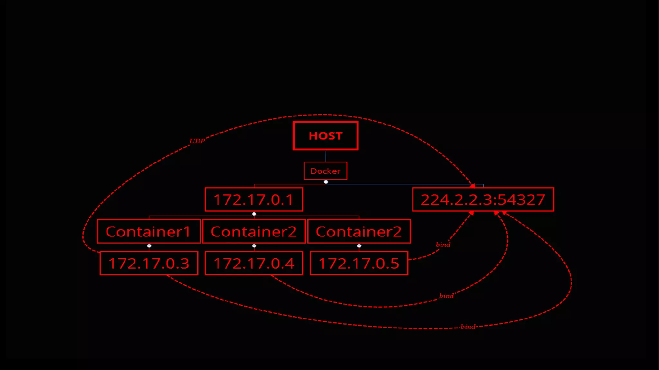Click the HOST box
tap(325, 136)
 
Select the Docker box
tap(325, 171)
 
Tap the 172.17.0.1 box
tap(254, 199)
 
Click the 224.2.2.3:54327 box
tap(483, 199)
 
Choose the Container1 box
tap(149, 232)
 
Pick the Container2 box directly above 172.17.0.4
tap(254, 232)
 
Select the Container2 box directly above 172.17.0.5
tap(359, 232)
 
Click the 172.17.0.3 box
tap(149, 264)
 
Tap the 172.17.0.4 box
tap(254, 264)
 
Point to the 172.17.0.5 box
tap(359, 264)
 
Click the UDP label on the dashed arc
tap(197, 141)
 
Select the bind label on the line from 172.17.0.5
tap(443, 245)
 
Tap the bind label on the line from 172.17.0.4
tap(446, 296)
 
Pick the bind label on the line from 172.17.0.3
tap(468, 327)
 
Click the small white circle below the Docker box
tap(326, 182)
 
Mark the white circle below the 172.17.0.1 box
tap(254, 214)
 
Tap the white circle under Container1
tap(149, 246)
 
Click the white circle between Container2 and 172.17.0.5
tap(359, 246)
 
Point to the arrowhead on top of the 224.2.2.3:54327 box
tap(472, 186)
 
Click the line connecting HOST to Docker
tap(326, 156)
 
